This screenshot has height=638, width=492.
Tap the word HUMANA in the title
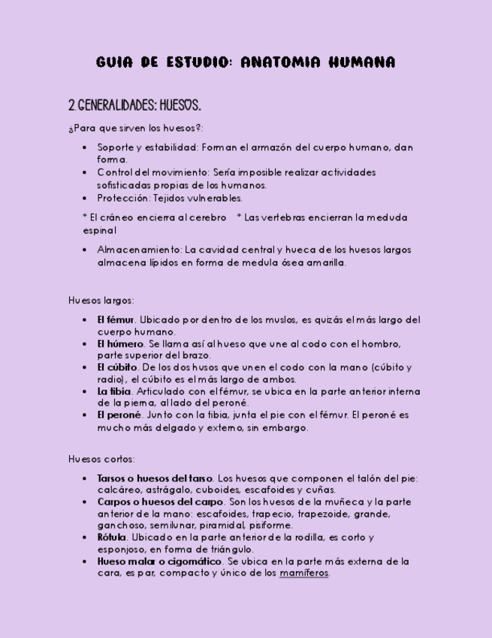click(362, 62)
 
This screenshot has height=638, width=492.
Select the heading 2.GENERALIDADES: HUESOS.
click(134, 105)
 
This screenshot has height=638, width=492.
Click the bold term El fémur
click(116, 320)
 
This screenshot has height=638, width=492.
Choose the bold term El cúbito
click(117, 368)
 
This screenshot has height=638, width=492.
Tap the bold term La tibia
click(114, 392)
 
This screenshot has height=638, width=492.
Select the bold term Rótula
click(111, 538)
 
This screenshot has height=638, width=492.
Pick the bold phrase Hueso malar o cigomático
click(159, 561)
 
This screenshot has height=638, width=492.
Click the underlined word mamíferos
click(304, 573)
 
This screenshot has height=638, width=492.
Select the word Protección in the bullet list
click(123, 199)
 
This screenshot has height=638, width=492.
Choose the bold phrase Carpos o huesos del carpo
click(160, 502)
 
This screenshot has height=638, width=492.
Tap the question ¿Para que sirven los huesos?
click(136, 129)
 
